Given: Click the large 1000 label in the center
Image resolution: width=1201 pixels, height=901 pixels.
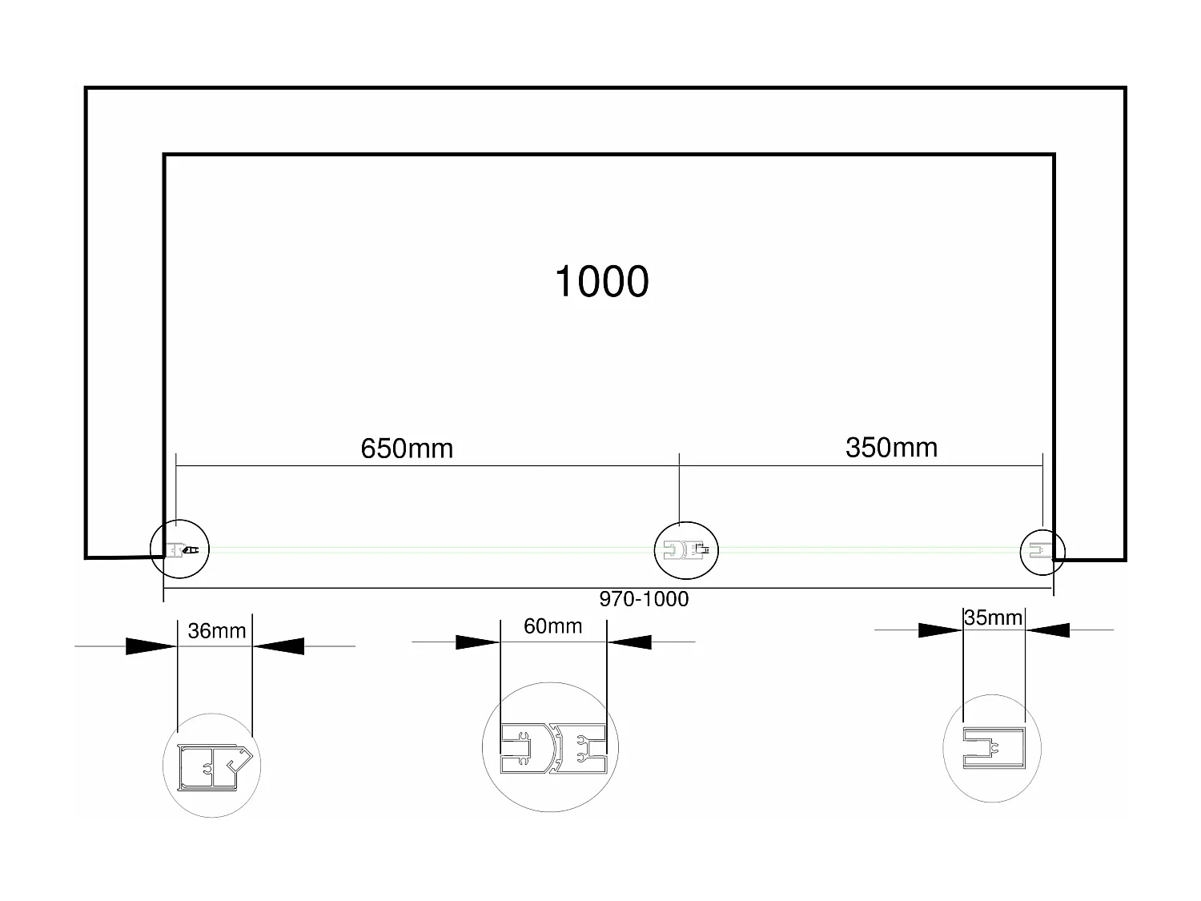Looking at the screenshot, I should [601, 282].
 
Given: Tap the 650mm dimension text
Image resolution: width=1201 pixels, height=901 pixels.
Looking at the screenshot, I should [407, 448].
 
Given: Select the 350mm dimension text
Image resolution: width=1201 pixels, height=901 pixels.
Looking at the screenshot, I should [891, 447].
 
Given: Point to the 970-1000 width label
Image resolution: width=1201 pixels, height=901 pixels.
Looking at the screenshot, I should [644, 599].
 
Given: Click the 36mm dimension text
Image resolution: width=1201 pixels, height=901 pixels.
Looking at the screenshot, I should [216, 631].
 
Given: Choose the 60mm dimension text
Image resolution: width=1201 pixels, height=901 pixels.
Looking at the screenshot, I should [552, 626].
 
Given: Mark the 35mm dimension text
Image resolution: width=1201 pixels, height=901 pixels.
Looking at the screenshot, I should [993, 617].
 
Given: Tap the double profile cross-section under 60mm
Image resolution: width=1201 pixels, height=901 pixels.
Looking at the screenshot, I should [553, 748].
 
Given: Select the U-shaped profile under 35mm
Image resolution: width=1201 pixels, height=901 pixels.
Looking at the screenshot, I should [992, 748].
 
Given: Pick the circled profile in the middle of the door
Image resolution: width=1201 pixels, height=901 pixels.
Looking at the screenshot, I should [686, 549].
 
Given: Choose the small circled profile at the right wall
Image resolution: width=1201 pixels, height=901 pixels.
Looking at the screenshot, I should [1042, 551].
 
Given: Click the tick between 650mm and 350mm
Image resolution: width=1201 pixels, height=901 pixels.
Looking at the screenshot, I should [680, 465].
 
